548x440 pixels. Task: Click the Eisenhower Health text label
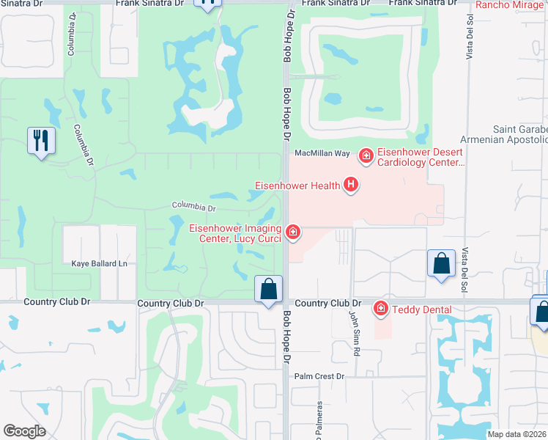click(297, 186)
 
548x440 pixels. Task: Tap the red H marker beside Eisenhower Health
click(351, 185)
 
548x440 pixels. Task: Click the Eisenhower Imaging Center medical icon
click(293, 232)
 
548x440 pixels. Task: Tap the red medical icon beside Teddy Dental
click(380, 309)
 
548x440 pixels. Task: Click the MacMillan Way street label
click(322, 153)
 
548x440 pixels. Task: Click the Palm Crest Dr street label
click(319, 376)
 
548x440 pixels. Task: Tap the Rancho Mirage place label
click(511, 5)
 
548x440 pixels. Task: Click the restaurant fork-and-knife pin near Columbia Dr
click(41, 139)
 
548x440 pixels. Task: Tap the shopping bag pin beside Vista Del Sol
click(441, 265)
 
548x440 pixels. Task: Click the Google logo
click(24, 431)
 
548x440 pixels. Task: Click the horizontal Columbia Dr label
click(194, 208)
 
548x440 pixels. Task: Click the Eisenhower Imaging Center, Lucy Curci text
click(234, 232)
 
